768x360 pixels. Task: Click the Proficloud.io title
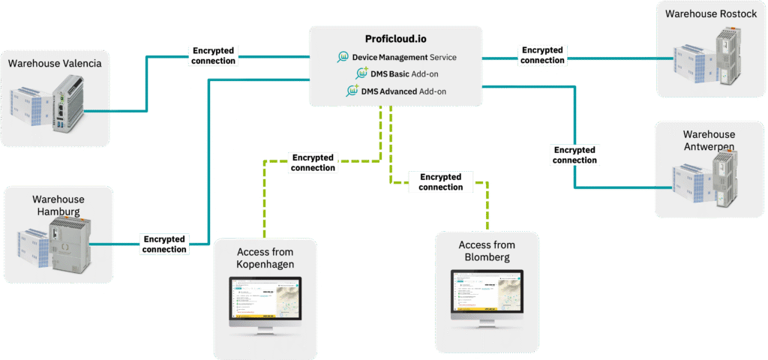[395, 40]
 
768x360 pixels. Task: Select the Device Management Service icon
[343, 57]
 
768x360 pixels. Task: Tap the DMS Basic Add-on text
[405, 74]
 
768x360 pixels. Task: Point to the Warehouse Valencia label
[55, 63]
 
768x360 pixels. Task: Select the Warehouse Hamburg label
[58, 205]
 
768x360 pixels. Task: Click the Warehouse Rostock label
[706, 13]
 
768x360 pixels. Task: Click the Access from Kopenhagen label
[265, 258]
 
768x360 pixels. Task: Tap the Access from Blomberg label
[487, 250]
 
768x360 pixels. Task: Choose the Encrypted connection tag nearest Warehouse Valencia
[213, 55]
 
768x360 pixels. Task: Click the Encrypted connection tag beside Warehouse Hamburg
[164, 244]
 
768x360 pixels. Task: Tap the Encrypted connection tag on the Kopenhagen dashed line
[313, 163]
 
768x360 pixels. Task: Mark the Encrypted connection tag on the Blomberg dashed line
[440, 182]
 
